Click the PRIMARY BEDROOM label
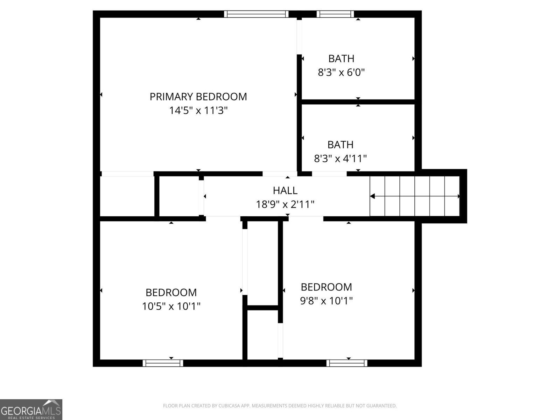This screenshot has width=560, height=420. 198,97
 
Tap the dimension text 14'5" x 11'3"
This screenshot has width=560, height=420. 198,111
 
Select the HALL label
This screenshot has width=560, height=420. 285,190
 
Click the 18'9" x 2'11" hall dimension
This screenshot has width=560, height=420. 285,204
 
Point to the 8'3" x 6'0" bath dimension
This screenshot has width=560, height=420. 341,72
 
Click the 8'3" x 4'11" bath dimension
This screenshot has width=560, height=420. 340,159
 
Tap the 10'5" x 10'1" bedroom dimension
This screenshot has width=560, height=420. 171,307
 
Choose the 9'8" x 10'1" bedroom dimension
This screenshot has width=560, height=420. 326,301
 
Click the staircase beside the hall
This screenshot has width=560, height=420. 415,196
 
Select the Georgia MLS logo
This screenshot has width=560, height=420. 31,409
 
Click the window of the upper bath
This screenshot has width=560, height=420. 335,14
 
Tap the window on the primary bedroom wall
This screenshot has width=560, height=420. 256,14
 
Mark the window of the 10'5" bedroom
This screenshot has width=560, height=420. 163,363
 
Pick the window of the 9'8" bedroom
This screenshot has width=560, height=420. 347,363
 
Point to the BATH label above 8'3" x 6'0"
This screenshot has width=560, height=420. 341,58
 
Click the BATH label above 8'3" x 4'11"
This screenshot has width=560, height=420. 340,145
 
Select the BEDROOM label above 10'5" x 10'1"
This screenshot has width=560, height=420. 171,292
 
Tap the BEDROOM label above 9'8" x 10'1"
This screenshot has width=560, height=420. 326,287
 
